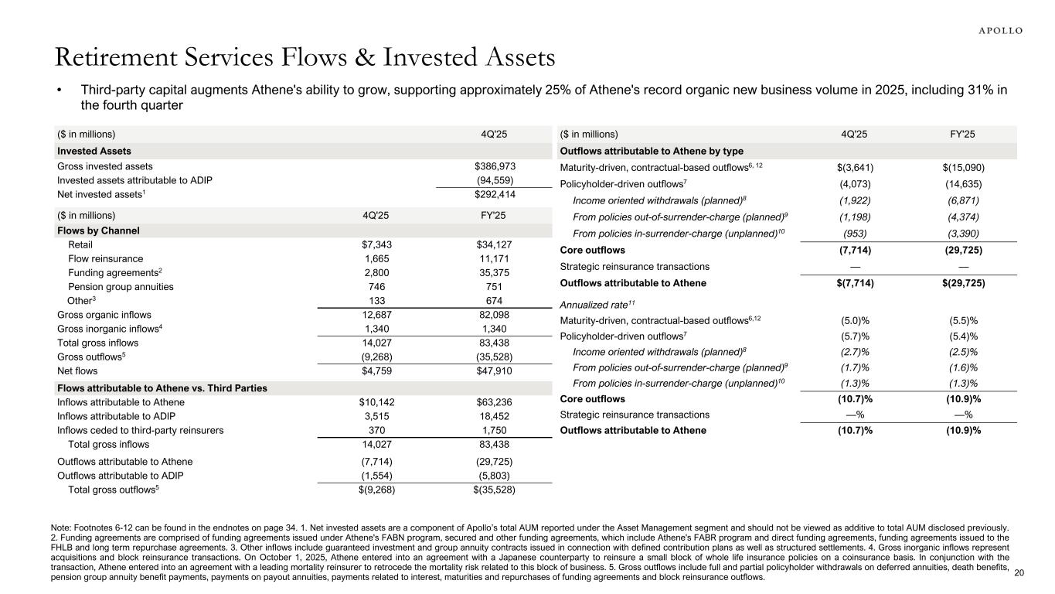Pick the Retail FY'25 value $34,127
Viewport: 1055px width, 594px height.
495,245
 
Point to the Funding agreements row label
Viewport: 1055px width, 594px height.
110,273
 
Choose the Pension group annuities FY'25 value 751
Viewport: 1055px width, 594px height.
495,287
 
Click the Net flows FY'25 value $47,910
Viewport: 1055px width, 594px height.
495,370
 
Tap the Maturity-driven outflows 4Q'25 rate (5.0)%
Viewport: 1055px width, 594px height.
853,319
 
